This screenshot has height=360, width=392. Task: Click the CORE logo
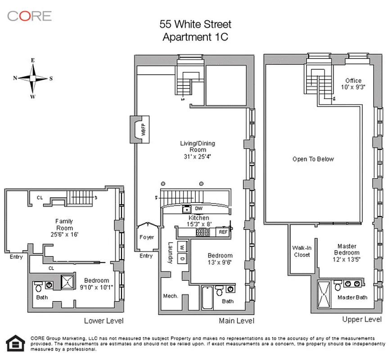pos(29,16)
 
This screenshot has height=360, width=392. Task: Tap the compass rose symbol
pos(33,78)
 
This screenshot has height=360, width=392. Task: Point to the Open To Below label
pos(313,159)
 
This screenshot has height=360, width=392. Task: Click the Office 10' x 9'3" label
pos(353,84)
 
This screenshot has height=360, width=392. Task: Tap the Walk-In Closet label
pos(302,251)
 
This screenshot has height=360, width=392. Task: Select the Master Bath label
pos(352,297)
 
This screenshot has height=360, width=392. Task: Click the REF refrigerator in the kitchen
pos(223,233)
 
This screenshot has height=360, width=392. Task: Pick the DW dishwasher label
pos(198,208)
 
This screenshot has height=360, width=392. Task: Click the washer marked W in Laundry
pos(181,247)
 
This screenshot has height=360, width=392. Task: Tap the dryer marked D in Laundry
pos(181,259)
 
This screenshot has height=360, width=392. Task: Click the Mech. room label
pos(171,296)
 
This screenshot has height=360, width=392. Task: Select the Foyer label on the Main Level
pos(146,237)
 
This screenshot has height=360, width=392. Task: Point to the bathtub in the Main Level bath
pos(207,297)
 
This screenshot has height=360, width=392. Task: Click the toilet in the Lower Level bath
pos(38,287)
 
